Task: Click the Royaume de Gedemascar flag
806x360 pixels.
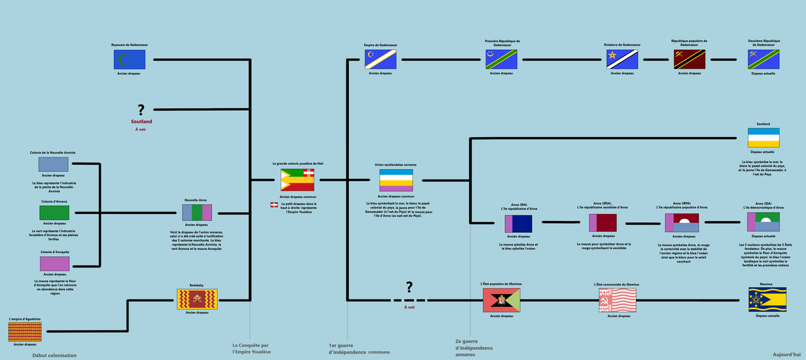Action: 130,60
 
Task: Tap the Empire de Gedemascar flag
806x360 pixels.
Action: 380,60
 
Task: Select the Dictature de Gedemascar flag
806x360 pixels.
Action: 622,60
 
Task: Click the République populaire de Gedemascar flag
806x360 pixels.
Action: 690,60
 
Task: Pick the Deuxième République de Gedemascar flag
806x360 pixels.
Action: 764,60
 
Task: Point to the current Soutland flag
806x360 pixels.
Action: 764,138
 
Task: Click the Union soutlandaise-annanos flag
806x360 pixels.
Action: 396,180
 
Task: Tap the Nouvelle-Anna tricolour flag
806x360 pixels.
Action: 197,212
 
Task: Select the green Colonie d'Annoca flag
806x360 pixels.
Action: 54,213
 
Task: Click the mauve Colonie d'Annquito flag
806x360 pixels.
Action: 54,263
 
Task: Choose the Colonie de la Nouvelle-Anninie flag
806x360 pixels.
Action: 54,164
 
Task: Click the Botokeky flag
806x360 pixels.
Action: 197,300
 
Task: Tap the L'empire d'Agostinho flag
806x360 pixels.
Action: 25,331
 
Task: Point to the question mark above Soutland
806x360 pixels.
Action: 141,110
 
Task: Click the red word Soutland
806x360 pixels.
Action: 141,121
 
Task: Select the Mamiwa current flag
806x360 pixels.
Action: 766,300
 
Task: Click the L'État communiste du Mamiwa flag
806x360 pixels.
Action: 617,300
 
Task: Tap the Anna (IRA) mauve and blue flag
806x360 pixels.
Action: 518,224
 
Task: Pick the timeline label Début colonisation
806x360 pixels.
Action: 54,356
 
